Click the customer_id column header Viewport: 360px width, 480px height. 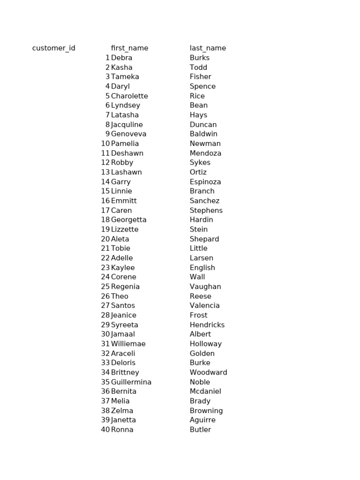[x=53, y=48]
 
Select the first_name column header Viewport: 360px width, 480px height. [x=129, y=48]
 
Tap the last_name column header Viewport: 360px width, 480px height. [x=208, y=48]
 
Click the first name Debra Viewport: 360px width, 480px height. [x=121, y=58]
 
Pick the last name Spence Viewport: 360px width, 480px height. [x=202, y=86]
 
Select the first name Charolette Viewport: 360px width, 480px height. [x=129, y=96]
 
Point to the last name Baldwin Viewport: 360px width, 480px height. [x=203, y=134]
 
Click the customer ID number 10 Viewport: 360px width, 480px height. [x=105, y=143]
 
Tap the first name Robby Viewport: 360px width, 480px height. [x=122, y=163]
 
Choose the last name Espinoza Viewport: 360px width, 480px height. [x=205, y=182]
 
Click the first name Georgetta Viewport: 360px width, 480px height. [x=128, y=220]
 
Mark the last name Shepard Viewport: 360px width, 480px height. [x=204, y=239]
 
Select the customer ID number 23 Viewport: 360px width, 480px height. [x=105, y=268]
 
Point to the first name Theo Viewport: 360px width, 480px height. [x=120, y=296]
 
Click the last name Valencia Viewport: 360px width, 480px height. [x=204, y=306]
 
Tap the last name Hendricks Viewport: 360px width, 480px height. [x=207, y=325]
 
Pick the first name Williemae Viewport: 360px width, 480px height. [x=128, y=344]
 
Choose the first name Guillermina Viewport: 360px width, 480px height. [x=131, y=382]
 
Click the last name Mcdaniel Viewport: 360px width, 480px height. [x=205, y=391]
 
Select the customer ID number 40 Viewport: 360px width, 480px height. [x=105, y=429]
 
